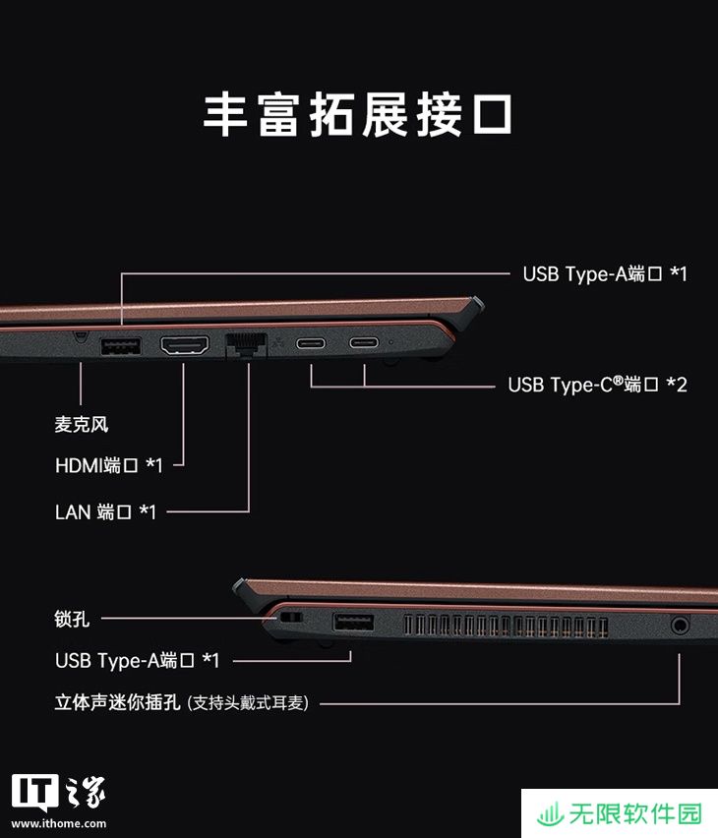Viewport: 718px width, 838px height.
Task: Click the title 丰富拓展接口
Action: click(358, 114)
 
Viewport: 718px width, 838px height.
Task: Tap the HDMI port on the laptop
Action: click(185, 345)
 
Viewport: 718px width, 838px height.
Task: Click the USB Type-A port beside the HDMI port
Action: click(121, 346)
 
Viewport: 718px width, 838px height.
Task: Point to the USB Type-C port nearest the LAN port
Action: click(311, 342)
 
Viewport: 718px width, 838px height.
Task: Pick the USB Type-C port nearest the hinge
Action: click(364, 341)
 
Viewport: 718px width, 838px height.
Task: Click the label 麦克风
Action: click(82, 424)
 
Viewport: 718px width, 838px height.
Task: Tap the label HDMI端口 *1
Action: click(108, 465)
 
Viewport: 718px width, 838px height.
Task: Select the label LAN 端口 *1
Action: click(105, 512)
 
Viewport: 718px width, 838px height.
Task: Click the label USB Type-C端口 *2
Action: click(597, 385)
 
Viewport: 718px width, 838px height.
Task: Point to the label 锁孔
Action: click(72, 619)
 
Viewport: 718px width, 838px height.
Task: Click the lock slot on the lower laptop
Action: click(291, 618)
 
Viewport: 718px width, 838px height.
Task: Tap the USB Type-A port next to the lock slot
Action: click(353, 623)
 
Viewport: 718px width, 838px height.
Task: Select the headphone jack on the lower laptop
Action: click(680, 625)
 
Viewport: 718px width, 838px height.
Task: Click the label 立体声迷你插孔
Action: click(118, 702)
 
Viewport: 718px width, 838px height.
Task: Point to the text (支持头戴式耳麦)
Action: click(248, 703)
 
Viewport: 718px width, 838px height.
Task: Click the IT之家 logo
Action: click(58, 793)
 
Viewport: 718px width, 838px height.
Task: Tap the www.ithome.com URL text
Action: click(59, 823)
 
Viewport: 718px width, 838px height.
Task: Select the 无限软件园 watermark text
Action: click(634, 814)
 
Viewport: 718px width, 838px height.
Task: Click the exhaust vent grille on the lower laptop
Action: click(506, 627)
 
